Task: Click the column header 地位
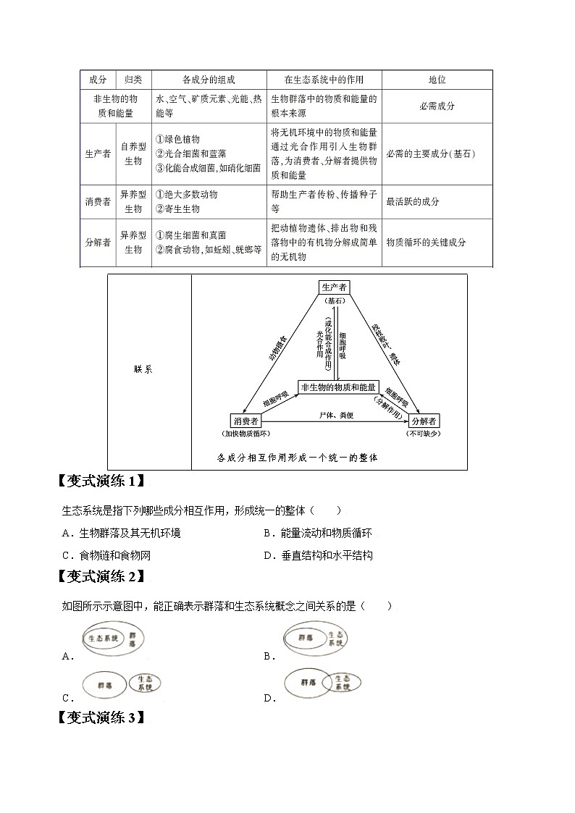click(437, 80)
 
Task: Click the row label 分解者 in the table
click(98, 243)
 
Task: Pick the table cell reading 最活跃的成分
click(414, 202)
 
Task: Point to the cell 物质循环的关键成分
click(426, 243)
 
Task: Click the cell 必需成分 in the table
click(437, 106)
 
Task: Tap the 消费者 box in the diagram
click(245, 421)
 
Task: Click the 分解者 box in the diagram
click(424, 421)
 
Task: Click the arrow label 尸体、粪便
click(335, 415)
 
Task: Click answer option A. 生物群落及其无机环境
click(122, 534)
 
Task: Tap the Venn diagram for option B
click(314, 639)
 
